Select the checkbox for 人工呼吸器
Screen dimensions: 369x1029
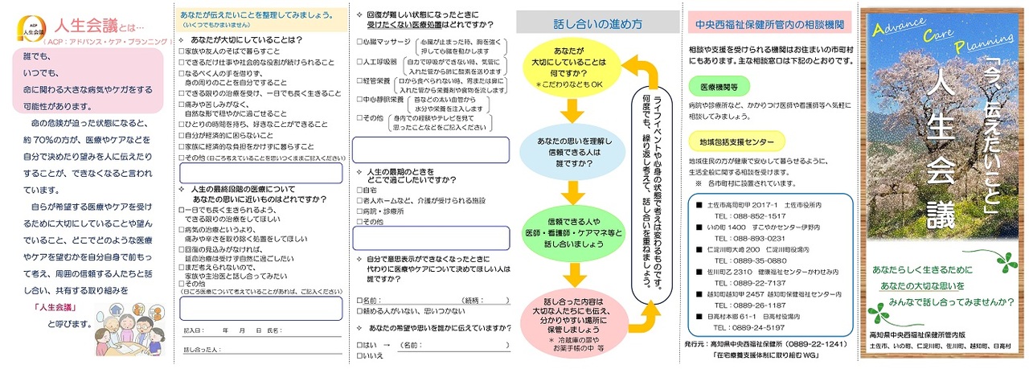click(x=359, y=60)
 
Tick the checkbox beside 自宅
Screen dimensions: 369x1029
click(x=359, y=190)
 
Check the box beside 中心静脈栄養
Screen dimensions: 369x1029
click(x=359, y=100)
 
